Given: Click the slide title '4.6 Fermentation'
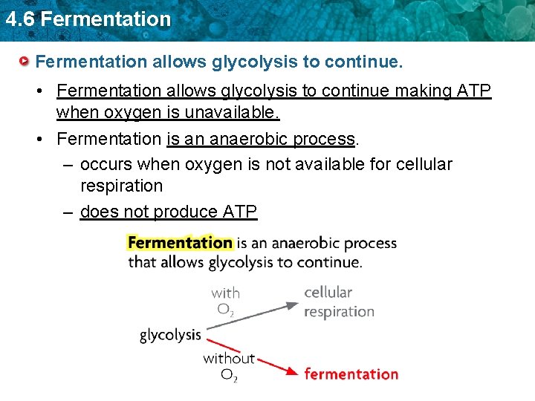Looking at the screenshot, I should click(88, 19).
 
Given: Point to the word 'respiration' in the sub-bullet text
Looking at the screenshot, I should click(121, 186).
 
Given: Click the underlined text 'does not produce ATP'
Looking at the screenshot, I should click(168, 212).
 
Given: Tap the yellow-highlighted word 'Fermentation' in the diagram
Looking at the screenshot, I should click(180, 243).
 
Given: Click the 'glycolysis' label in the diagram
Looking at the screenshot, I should click(170, 335).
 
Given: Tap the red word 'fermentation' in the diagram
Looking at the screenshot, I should click(351, 374).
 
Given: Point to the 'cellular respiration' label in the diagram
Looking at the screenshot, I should click(338, 301).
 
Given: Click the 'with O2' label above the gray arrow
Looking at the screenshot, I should click(225, 301).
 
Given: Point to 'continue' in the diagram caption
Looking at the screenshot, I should click(328, 262).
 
